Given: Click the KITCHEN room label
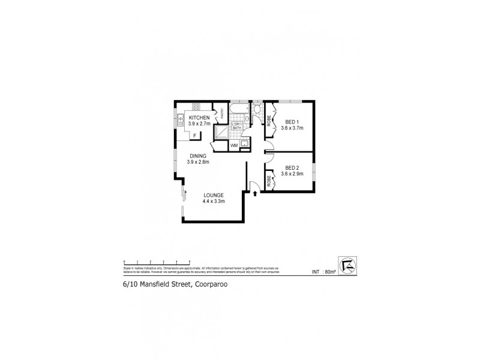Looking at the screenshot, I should [199, 117].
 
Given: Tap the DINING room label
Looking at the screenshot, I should [197, 156].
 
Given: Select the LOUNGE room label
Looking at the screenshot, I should [213, 195].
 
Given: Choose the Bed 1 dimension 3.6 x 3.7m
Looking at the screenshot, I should [292, 127].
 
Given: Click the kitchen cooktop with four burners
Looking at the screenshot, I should [196, 106].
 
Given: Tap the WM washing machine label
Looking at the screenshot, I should [234, 145].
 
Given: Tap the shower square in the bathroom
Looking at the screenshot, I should [221, 132].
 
